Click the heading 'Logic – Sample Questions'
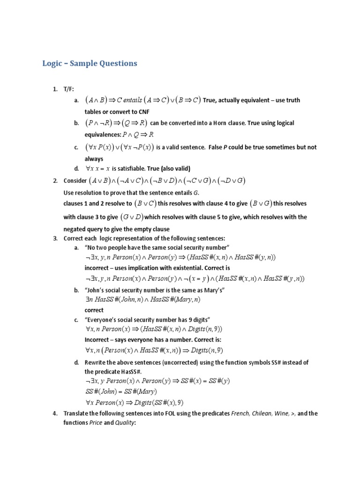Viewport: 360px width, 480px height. click(90, 63)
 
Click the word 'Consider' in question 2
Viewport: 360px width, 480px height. click(75, 180)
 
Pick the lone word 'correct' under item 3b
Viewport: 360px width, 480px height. click(94, 310)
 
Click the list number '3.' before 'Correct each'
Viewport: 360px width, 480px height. click(55, 239)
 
